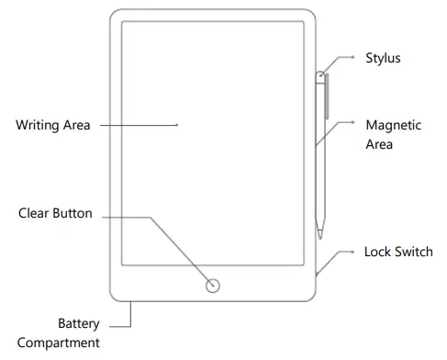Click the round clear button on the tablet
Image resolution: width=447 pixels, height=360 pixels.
(x=213, y=285)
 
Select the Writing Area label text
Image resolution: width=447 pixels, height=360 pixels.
(x=53, y=125)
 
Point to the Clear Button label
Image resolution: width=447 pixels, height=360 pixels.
(x=55, y=213)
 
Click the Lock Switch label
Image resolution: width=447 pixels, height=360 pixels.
(x=398, y=252)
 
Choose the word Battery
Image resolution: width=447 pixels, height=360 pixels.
(x=78, y=324)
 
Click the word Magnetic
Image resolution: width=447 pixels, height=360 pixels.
(x=394, y=125)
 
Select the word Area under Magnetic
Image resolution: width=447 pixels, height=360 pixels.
(x=379, y=144)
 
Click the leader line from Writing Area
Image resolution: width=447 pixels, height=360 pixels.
(x=138, y=125)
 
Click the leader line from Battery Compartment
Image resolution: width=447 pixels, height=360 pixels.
(x=124, y=324)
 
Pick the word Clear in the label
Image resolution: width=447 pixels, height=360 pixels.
(x=34, y=213)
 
